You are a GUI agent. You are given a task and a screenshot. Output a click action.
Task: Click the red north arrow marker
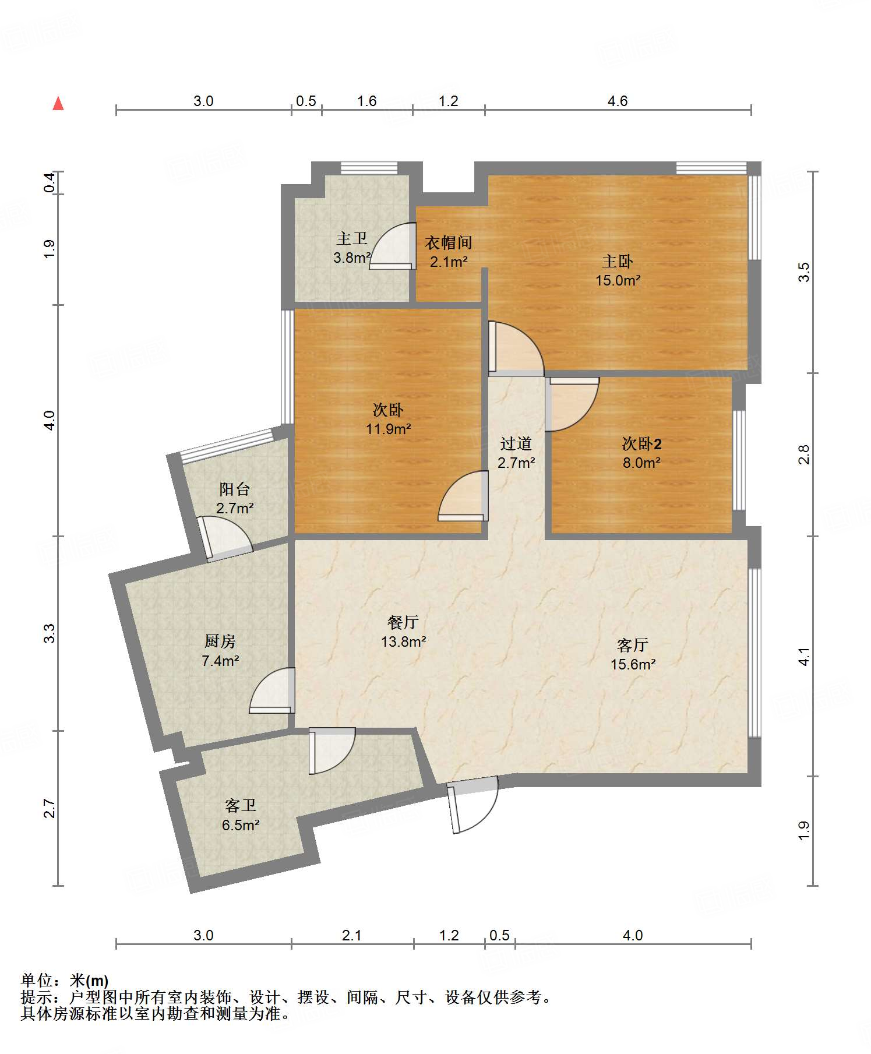[58, 103]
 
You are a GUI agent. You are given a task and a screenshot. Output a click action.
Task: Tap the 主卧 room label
[618, 261]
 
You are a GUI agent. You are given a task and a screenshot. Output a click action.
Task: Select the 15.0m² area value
[618, 280]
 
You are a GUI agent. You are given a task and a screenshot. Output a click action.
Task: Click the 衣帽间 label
[448, 242]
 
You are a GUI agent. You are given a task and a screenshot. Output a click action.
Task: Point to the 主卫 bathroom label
[352, 238]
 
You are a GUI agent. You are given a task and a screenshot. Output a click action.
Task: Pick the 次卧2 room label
[641, 444]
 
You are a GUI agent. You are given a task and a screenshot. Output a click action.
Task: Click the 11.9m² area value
[388, 429]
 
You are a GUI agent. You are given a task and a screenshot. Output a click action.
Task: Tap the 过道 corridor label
[516, 444]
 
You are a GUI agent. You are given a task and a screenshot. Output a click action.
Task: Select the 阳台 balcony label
[235, 489]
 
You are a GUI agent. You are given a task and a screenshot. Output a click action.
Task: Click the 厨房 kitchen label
[220, 641]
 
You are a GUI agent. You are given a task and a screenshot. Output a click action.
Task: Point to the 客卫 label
[241, 806]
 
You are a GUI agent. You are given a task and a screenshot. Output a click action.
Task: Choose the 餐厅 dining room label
[403, 622]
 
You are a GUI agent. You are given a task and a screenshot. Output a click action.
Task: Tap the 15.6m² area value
[633, 664]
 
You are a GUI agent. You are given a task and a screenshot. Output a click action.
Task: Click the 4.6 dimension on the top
[618, 101]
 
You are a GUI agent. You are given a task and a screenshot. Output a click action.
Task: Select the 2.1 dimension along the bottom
[352, 936]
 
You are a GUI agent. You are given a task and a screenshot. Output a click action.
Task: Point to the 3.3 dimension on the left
[50, 633]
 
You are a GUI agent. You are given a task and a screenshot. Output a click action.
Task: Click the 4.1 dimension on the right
[804, 657]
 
